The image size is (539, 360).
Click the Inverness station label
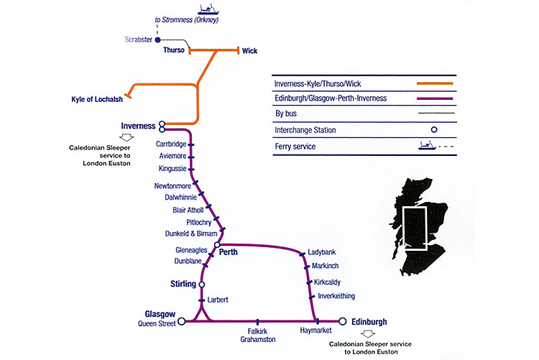tap(139, 126)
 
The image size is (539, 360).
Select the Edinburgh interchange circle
tap(343, 321)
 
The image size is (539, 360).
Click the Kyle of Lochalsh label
tap(97, 99)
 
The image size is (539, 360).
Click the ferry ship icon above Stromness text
tap(208, 10)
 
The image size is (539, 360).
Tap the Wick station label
tap(249, 51)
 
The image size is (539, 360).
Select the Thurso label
tap(174, 51)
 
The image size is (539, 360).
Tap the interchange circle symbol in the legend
tap(435, 130)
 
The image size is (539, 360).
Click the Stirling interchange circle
tap(201, 285)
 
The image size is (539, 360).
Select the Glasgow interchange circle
tap(182, 321)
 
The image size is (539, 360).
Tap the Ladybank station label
tap(321, 252)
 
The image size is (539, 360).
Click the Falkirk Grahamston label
tap(257, 336)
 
